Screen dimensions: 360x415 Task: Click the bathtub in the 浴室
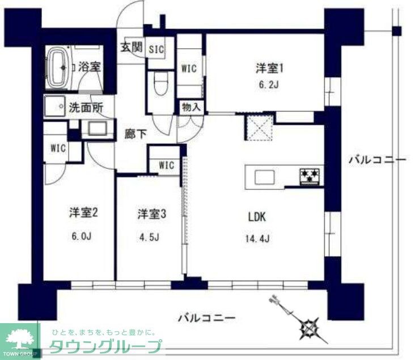pos(58,67)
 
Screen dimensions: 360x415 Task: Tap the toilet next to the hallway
pos(159,87)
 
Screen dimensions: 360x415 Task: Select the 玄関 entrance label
pos(130,48)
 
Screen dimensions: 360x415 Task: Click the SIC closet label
pos(156,49)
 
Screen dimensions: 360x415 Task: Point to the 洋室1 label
pos(269,69)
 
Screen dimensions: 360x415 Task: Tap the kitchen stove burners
pos(311,175)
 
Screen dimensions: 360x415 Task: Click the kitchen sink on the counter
pos(265,177)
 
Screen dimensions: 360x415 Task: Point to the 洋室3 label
pos(151,214)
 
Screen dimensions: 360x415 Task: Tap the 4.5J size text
pos(150,236)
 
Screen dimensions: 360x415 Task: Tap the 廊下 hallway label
pos(136,134)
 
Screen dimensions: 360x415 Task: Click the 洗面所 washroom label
pos(86,106)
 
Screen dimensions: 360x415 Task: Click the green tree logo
pos(19,338)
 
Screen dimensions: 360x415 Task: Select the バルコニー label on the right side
pos(377,160)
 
